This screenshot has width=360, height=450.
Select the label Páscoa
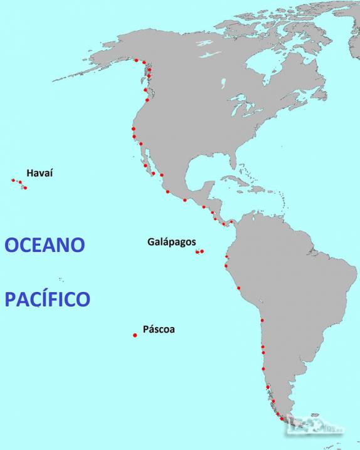(159, 328)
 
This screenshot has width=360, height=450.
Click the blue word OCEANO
(45, 244)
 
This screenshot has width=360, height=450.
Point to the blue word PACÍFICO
(48, 299)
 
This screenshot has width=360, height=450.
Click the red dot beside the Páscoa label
(135, 335)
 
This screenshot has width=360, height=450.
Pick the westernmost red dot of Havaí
(13, 180)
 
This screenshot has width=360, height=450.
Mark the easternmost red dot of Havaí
(25, 187)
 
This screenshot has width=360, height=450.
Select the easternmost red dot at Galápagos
(202, 251)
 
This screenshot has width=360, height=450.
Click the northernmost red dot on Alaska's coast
(136, 60)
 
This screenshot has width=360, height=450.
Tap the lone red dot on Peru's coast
(238, 288)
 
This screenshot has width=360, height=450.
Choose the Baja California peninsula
(146, 164)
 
